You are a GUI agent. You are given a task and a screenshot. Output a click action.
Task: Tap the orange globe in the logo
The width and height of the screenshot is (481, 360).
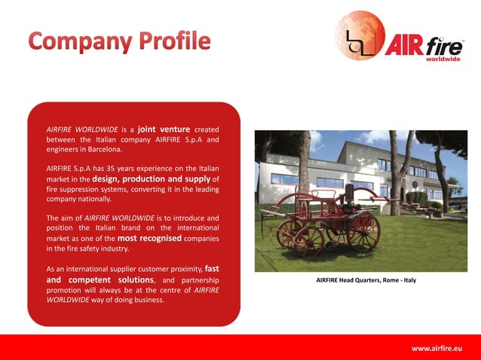coord(360,35)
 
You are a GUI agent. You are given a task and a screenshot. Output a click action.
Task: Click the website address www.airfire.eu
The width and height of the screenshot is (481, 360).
coord(436,348)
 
